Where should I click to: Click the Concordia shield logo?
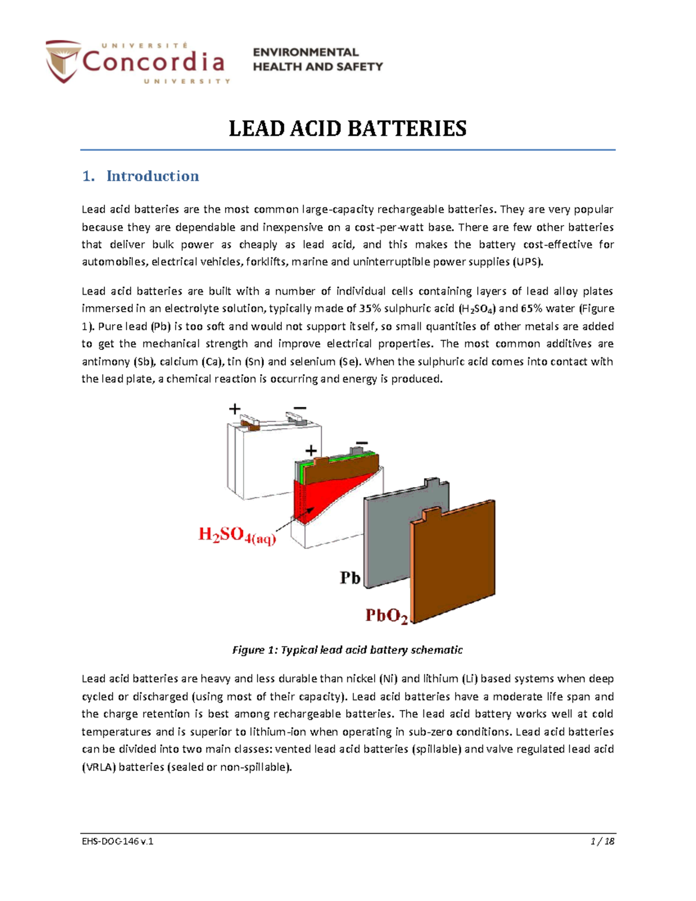(x=63, y=60)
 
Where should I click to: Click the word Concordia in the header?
(x=153, y=61)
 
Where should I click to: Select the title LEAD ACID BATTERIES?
(x=347, y=128)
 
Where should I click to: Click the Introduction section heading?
(x=153, y=176)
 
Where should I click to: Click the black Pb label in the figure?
(x=350, y=578)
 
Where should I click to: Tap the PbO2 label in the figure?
(x=386, y=615)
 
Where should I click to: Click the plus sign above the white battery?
(x=234, y=409)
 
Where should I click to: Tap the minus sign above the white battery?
(x=300, y=408)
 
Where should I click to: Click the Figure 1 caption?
(x=347, y=650)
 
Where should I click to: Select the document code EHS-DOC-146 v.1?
(x=117, y=841)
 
